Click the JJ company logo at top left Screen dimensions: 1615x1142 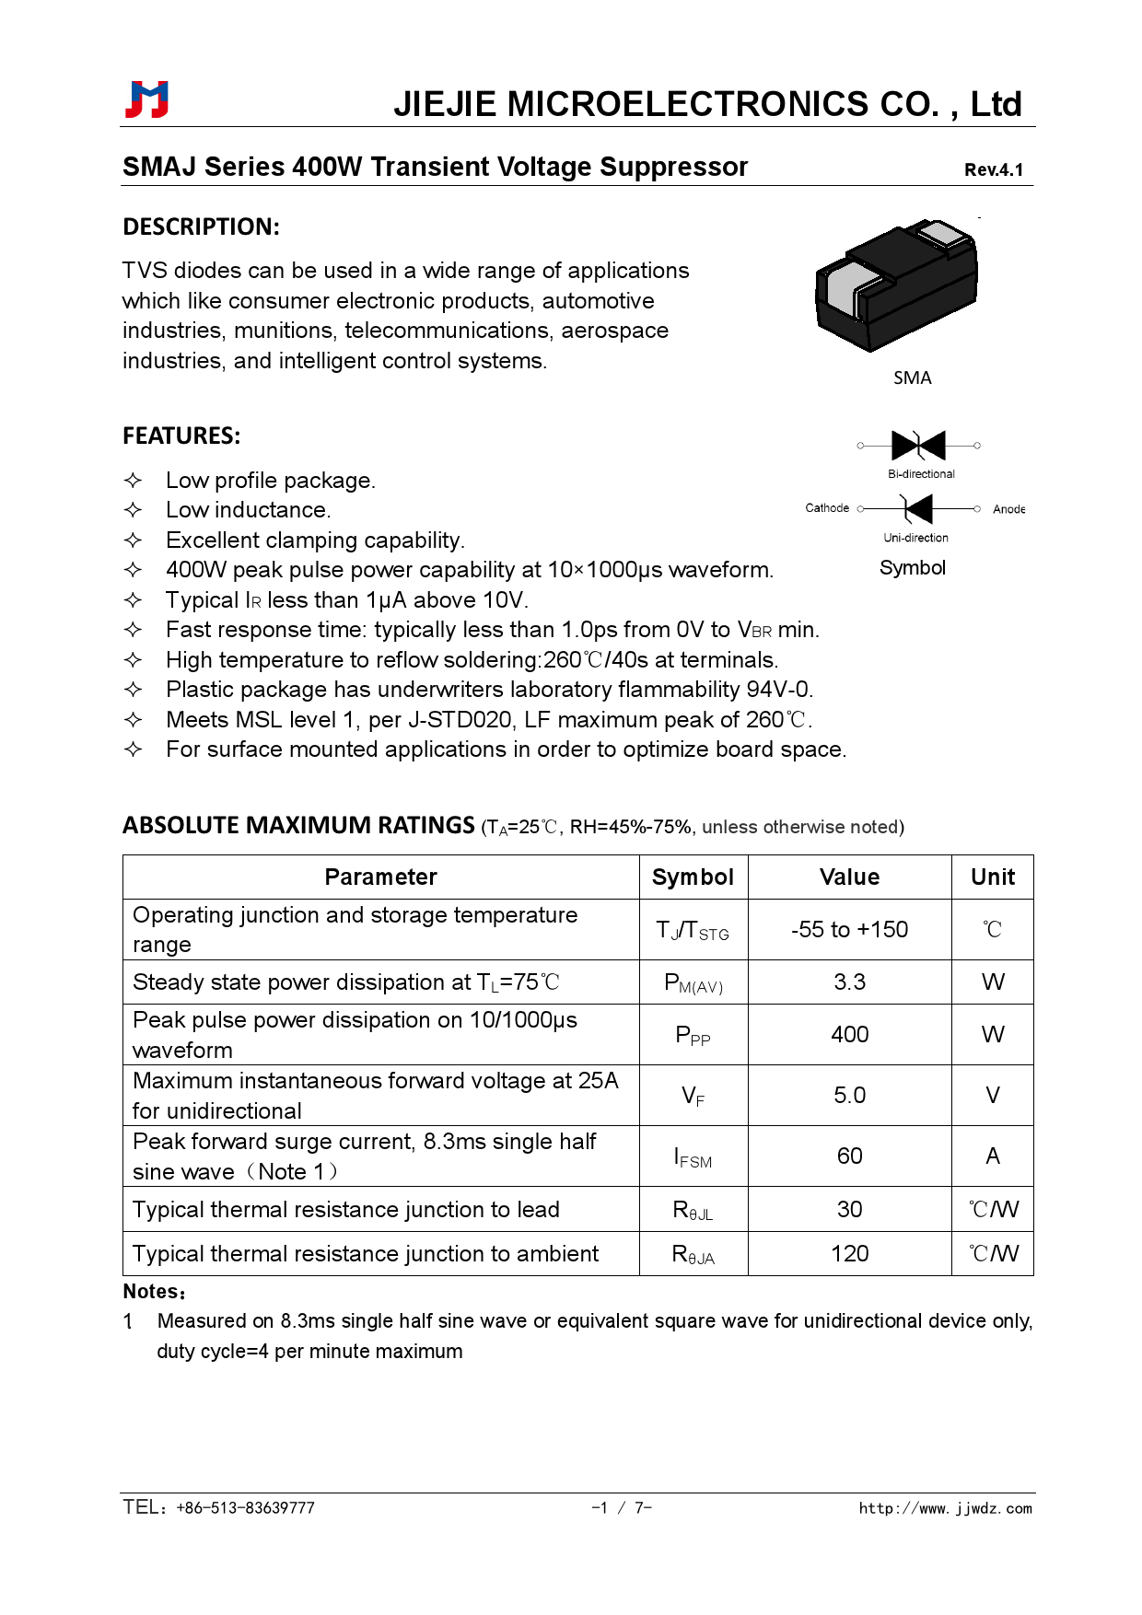click(x=147, y=99)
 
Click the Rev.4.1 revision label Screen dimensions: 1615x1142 click(x=993, y=169)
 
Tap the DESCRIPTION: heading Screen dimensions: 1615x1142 click(x=201, y=227)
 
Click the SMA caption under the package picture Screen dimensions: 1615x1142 click(x=912, y=378)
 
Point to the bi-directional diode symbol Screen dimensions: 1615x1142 click(x=918, y=446)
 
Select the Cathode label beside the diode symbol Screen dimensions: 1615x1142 click(x=827, y=508)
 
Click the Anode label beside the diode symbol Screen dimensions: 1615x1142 click(x=1008, y=509)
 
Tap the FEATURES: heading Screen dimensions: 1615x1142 click(x=181, y=436)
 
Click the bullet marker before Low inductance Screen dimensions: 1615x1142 click(x=134, y=510)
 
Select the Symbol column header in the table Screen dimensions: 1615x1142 click(x=693, y=877)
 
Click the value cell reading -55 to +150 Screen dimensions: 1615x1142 click(x=849, y=929)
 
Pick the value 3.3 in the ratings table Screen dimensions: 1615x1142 click(x=849, y=982)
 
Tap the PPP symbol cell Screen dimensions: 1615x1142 click(x=693, y=1035)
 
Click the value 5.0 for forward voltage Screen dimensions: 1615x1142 click(x=849, y=1095)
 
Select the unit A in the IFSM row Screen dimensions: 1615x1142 click(x=992, y=1156)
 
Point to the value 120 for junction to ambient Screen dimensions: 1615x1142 click(x=849, y=1253)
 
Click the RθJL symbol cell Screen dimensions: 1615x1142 click(x=693, y=1210)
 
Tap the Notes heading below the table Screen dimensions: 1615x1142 click(x=154, y=1292)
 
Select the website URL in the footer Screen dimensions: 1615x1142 click(x=945, y=1508)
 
